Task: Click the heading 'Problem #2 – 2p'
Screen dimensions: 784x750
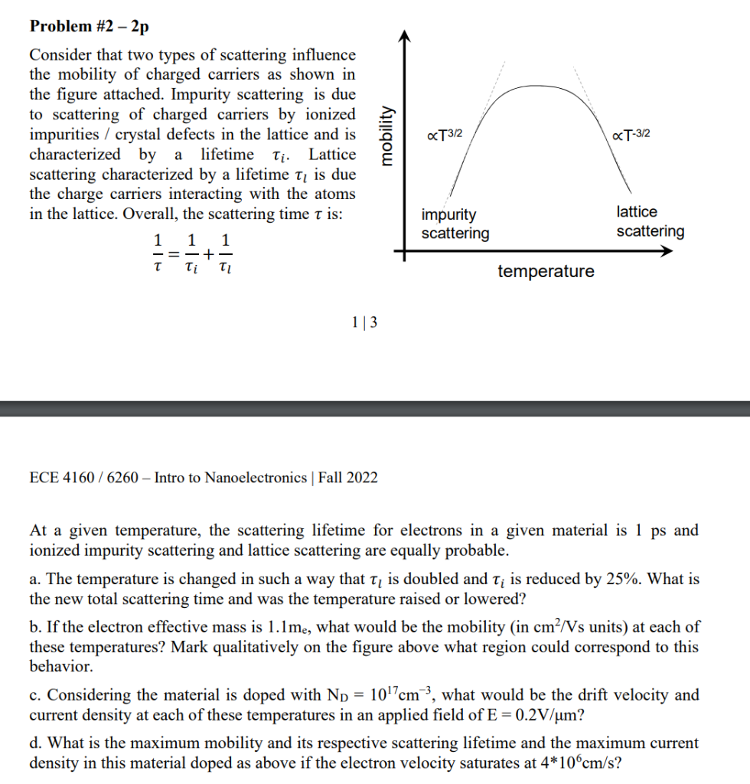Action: [89, 27]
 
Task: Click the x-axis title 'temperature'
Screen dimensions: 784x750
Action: [545, 271]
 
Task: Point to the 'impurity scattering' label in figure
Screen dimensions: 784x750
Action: [455, 224]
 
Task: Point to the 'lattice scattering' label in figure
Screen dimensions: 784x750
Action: [650, 221]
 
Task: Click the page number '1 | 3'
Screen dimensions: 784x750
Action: [364, 323]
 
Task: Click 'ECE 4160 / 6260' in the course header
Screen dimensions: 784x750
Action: [83, 478]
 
